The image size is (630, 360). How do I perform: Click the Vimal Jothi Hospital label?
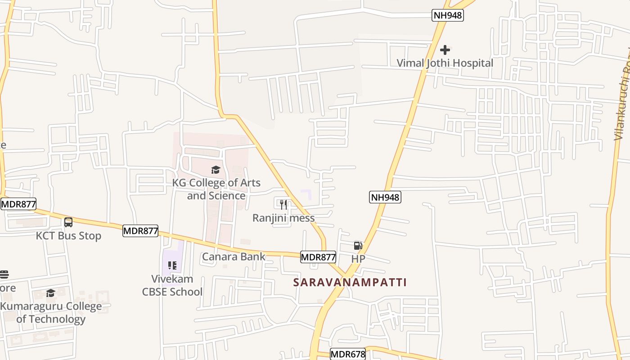tap(445, 63)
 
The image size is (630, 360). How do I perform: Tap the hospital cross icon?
tap(445, 49)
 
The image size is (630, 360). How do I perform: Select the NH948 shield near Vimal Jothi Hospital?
tap(448, 15)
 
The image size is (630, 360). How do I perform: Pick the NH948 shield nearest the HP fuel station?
tap(385, 197)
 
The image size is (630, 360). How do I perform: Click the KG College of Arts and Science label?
tap(216, 189)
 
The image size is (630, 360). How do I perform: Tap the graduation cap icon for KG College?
tap(216, 170)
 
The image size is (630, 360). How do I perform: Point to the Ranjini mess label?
tap(283, 218)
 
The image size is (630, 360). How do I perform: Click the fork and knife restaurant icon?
tap(283, 205)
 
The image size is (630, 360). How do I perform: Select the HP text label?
tap(358, 259)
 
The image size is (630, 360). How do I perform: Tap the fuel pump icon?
tap(358, 246)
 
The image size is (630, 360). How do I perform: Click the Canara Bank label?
tap(234, 256)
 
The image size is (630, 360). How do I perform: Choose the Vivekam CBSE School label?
tap(172, 285)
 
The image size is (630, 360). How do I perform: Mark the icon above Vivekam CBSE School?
tap(172, 265)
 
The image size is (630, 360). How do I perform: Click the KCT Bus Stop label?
tap(69, 236)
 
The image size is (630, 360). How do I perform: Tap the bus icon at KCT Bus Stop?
tap(68, 222)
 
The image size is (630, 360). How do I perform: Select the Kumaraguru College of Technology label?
tap(51, 313)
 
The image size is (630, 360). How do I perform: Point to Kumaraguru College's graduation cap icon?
tap(50, 293)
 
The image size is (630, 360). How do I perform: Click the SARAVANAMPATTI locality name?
tap(350, 282)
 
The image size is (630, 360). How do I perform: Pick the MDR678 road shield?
tap(348, 354)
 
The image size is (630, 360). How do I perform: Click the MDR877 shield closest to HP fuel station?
tap(318, 257)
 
